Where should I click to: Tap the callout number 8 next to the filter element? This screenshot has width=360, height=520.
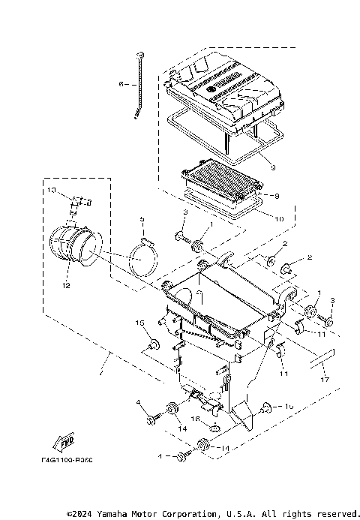(x=277, y=196)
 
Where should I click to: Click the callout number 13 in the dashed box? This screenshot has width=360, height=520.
(x=52, y=191)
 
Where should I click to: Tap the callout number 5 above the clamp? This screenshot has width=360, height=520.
(x=140, y=220)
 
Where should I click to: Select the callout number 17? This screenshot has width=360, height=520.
(x=324, y=380)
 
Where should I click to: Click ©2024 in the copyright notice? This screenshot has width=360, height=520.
(x=79, y=513)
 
